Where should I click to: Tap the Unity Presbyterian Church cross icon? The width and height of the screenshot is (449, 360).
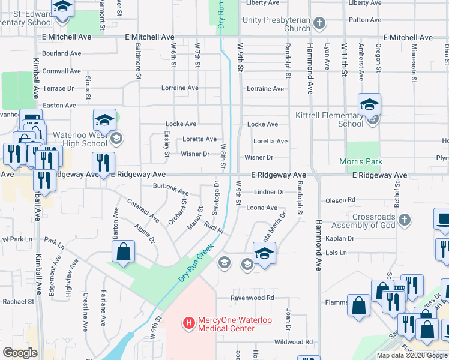pyautogui.click(x=319, y=24)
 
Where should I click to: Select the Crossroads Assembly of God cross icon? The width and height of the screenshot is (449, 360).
pyautogui.click(x=405, y=220)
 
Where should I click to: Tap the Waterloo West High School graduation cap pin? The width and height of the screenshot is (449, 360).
pyautogui.click(x=105, y=121)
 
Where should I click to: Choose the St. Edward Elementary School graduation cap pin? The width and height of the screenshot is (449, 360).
pyautogui.click(x=62, y=8)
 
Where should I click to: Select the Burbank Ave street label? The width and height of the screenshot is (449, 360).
pyautogui.click(x=169, y=190)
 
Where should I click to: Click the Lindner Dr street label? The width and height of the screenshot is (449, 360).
pyautogui.click(x=269, y=192)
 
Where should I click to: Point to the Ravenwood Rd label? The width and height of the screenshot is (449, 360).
pyautogui.click(x=253, y=298)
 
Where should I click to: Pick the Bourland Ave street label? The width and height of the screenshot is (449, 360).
pyautogui.click(x=61, y=53)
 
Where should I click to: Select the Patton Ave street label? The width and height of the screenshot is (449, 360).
pyautogui.click(x=364, y=20)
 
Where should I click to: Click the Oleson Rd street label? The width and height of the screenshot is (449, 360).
pyautogui.click(x=340, y=200)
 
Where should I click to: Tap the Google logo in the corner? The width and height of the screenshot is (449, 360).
pyautogui.click(x=20, y=353)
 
